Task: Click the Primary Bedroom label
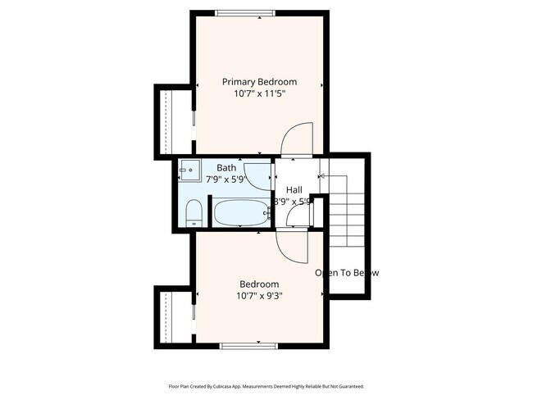coord(260,82)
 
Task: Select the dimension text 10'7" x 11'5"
coord(260,94)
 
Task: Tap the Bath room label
coord(225,167)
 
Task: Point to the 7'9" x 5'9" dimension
coord(225,179)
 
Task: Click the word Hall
coord(294,189)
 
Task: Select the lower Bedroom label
coord(259,284)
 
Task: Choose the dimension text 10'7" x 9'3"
coord(259,296)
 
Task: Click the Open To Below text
coord(347,273)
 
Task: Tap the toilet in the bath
coord(193,215)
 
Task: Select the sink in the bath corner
coord(189,170)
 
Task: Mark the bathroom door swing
coord(262,175)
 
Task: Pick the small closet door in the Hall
coord(302,215)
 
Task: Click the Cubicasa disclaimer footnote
coord(266,386)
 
